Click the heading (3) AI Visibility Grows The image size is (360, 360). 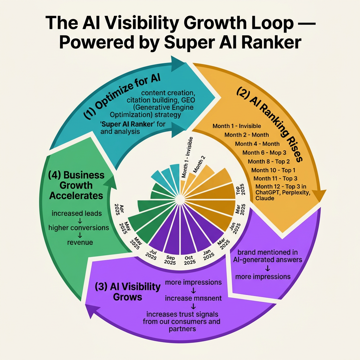pyautogui.click(x=127, y=291)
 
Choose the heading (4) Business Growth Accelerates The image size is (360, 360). pyautogui.click(x=76, y=185)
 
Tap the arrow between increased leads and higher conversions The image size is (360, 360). pyautogui.click(x=79, y=220)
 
